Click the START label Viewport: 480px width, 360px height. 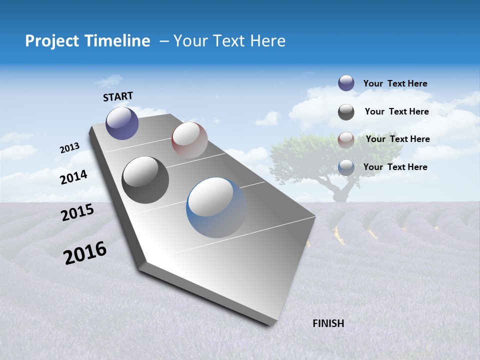[x=118, y=96]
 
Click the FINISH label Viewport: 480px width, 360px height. [x=328, y=323]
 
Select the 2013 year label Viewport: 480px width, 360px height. [x=69, y=148]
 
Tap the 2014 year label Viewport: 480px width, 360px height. [x=73, y=177]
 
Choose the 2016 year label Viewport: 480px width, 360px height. [x=85, y=252]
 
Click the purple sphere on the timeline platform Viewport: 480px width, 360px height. [x=122, y=123]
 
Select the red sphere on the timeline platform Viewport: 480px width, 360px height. [x=189, y=139]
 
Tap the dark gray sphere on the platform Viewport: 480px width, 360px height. [x=145, y=179]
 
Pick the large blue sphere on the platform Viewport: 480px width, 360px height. [x=216, y=207]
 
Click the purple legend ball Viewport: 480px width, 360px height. [x=346, y=83]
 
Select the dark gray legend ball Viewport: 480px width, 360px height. [x=346, y=112]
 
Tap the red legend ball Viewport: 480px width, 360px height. [x=346, y=139]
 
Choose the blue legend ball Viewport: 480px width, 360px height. [x=346, y=167]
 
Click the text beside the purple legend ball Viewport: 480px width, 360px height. [x=395, y=83]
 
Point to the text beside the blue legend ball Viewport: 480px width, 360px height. [x=395, y=167]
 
